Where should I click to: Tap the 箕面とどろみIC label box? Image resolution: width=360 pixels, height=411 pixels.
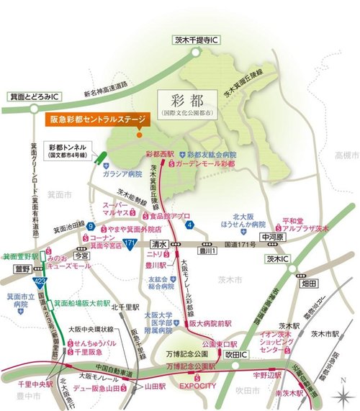(x=33, y=96)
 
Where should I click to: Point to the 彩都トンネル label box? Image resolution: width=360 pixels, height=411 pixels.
(x=69, y=148)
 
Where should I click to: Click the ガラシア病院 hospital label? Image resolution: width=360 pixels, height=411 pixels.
(x=126, y=174)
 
